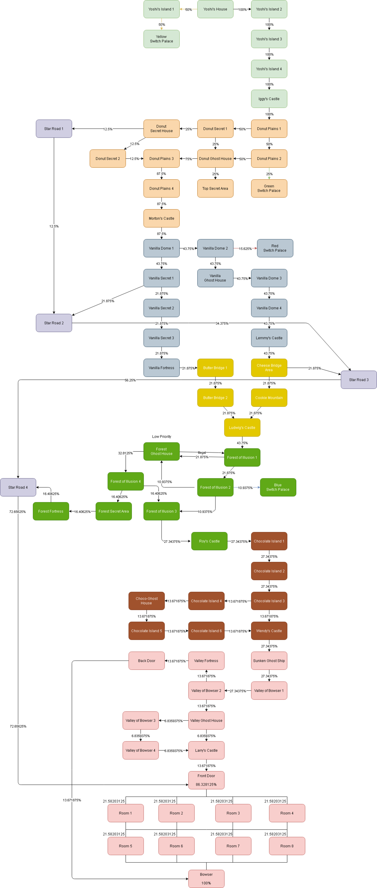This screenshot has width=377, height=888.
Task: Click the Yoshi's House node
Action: [215, 9]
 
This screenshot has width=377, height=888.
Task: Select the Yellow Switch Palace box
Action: [161, 39]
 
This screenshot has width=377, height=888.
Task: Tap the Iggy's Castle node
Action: [269, 99]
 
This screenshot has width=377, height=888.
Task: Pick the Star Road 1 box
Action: [54, 129]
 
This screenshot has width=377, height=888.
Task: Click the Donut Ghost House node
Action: [215, 159]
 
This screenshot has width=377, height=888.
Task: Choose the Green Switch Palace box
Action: [269, 188]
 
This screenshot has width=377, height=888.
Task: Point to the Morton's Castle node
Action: [161, 219]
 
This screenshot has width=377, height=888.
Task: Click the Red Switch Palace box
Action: [275, 248]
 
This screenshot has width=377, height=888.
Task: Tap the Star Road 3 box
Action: [359, 380]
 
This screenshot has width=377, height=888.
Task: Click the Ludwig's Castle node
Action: [242, 428]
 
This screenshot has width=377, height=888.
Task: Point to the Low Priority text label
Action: [161, 437]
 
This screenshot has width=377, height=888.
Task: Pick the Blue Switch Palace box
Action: [278, 488]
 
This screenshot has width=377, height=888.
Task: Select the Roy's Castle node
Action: [209, 541]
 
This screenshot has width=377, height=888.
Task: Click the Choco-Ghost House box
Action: [147, 601]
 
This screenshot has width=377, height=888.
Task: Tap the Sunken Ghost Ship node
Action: [269, 661]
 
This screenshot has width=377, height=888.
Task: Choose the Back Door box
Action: [147, 661]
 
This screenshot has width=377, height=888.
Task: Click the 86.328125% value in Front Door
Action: [206, 785]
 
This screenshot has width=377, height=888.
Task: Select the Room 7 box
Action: [233, 846]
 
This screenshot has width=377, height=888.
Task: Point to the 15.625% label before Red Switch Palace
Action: [245, 248]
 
